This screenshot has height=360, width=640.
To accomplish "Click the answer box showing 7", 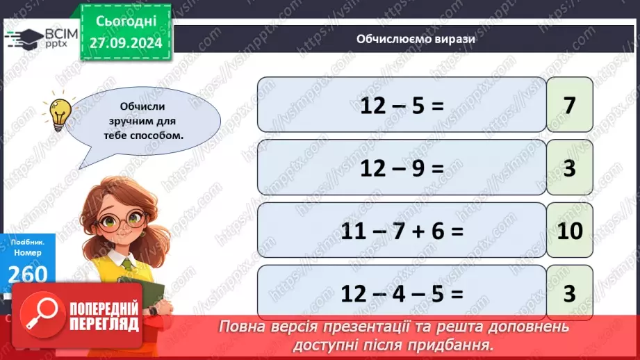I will pos(570,104).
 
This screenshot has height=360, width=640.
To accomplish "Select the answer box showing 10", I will pos(570,230).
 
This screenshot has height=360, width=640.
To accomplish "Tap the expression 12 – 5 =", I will pos(402,104).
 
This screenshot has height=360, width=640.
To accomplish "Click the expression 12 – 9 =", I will pos(402,167).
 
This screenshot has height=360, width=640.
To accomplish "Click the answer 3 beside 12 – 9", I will pos(570,167).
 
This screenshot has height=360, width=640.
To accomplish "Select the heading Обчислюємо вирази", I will pos(406,40).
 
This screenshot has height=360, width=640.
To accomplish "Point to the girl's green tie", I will pos(130,263).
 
